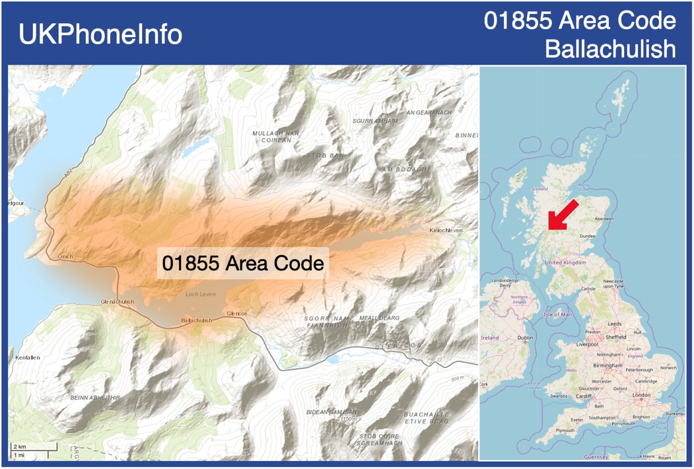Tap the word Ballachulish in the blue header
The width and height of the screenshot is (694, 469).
pos(611,49)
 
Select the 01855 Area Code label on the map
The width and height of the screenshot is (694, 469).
pos(243,264)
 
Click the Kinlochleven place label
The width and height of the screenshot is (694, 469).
pos(446,230)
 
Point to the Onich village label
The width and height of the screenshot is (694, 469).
pos(65,256)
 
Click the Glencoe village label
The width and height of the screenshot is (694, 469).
pos(236,313)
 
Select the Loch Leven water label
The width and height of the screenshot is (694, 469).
pos(201,294)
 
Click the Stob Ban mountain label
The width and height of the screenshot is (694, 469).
pos(326,155)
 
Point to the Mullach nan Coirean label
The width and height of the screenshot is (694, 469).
pos(276,136)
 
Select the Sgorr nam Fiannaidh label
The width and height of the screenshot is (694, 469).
pos(326,322)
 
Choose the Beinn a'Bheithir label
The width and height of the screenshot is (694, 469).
pos(96,398)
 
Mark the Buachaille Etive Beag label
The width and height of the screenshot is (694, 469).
pos(426,417)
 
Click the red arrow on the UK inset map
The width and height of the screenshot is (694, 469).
pos(563,214)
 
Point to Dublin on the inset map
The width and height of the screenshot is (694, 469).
pos(526,338)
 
